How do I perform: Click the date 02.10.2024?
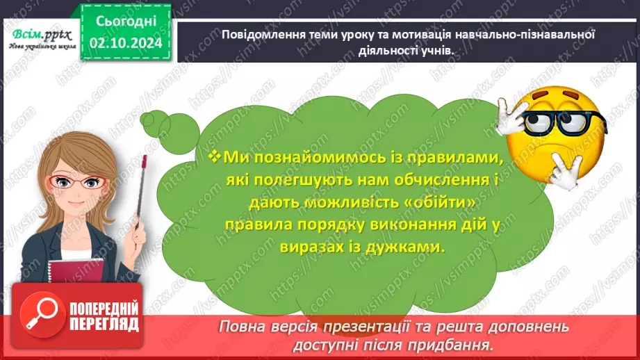pos(126,44)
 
